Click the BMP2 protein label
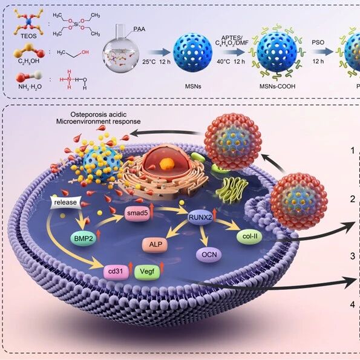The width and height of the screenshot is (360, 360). [83, 238]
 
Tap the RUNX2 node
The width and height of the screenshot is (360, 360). [200, 217]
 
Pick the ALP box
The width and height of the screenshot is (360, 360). [155, 244]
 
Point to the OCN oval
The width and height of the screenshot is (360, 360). [209, 255]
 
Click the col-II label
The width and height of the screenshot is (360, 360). [249, 236]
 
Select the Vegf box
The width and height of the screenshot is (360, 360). [147, 272]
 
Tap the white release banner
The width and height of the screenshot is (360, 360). [66, 203]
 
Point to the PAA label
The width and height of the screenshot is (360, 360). [139, 29]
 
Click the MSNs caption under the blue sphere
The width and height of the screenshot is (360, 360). [193, 87]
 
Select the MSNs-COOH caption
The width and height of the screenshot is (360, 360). [277, 87]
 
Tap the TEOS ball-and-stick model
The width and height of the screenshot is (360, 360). [28, 21]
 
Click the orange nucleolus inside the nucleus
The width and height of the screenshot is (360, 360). [166, 164]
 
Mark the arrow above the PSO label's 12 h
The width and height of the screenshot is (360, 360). [322, 52]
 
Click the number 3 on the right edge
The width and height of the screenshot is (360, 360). [353, 256]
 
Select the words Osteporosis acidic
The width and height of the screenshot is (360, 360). [99, 114]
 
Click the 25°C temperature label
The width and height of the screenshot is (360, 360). [149, 62]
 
